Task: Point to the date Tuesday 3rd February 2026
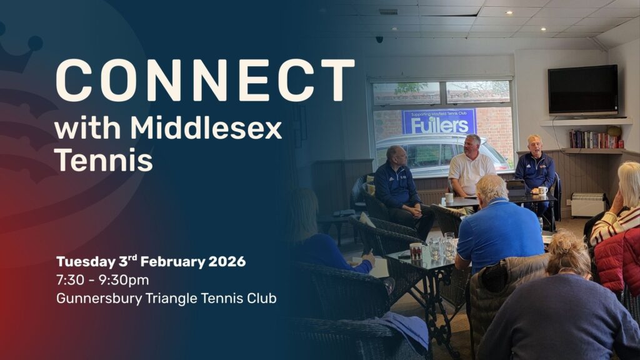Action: tap(151, 261)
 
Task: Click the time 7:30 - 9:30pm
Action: tap(102, 280)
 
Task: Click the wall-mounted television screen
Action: tap(582, 89)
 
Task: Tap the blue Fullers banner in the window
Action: tap(439, 121)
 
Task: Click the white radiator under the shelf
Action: tap(588, 204)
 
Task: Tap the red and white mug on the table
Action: tap(416, 251)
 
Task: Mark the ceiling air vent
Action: tap(387, 11)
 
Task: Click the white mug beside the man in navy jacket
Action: tap(542, 191)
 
